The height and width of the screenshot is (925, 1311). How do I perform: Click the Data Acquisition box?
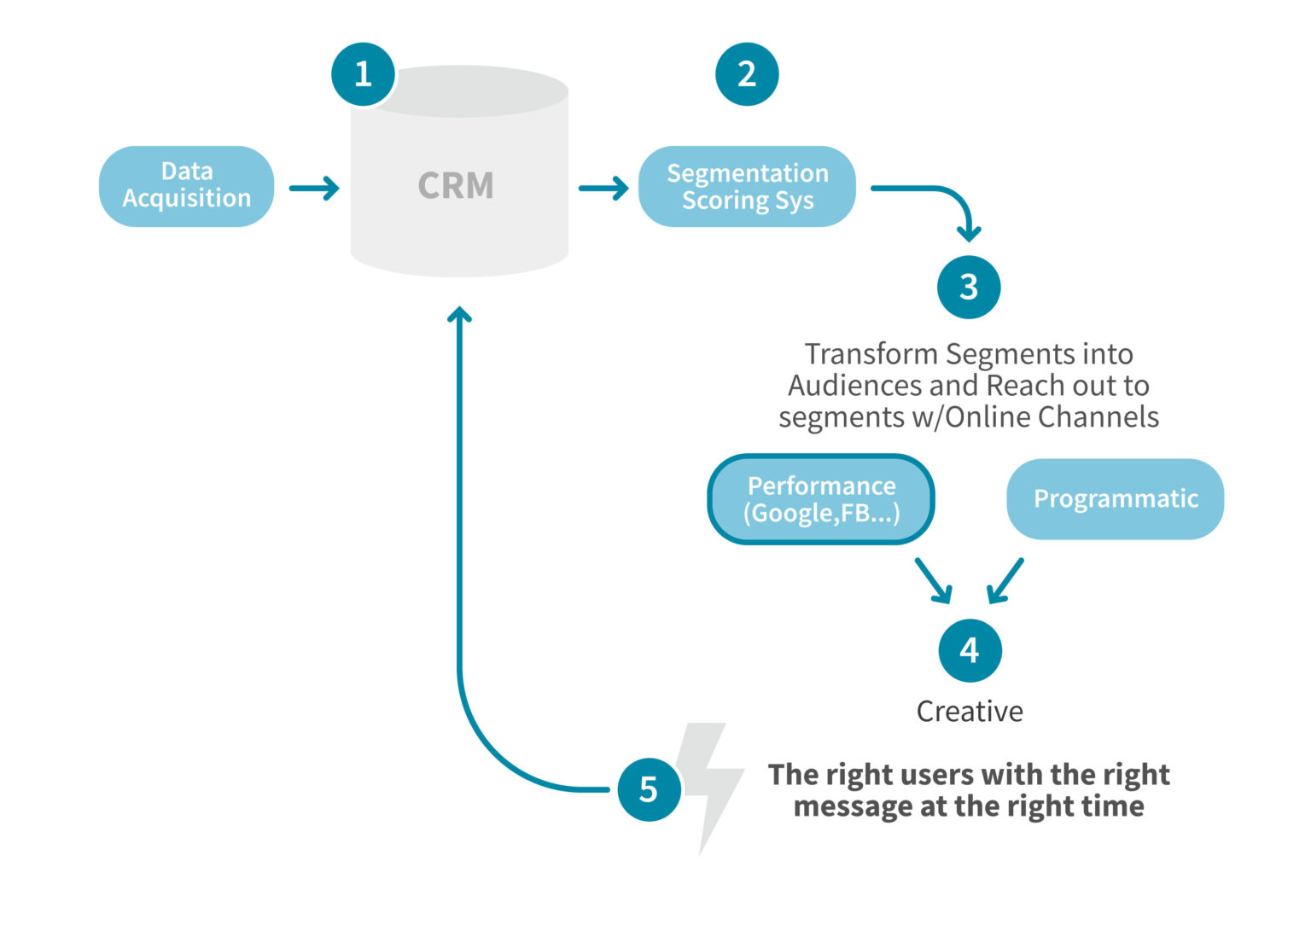pyautogui.click(x=186, y=185)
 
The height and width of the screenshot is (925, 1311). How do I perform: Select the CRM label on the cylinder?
pyautogui.click(x=456, y=185)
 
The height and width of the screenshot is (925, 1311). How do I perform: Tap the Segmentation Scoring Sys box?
pyautogui.click(x=747, y=186)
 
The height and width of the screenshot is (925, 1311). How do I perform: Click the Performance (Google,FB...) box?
pyautogui.click(x=821, y=499)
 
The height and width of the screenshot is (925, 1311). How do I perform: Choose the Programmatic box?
pyautogui.click(x=1115, y=499)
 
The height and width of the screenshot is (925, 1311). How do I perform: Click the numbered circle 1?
pyautogui.click(x=363, y=74)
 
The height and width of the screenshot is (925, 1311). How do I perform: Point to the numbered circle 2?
pyautogui.click(x=747, y=74)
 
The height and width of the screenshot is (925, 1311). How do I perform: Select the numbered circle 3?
pyautogui.click(x=969, y=287)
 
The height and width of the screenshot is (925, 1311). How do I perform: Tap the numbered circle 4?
pyautogui.click(x=970, y=650)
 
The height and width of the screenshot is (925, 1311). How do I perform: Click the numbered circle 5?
pyautogui.click(x=649, y=788)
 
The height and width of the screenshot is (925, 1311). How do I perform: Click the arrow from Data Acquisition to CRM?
pyautogui.click(x=314, y=188)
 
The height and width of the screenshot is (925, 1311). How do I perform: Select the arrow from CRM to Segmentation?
pyautogui.click(x=603, y=188)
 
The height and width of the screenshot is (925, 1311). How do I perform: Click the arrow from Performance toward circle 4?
pyautogui.click(x=934, y=581)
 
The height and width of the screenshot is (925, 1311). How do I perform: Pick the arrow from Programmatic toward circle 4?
pyautogui.click(x=1005, y=581)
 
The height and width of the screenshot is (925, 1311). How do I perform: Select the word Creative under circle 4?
pyautogui.click(x=970, y=711)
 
